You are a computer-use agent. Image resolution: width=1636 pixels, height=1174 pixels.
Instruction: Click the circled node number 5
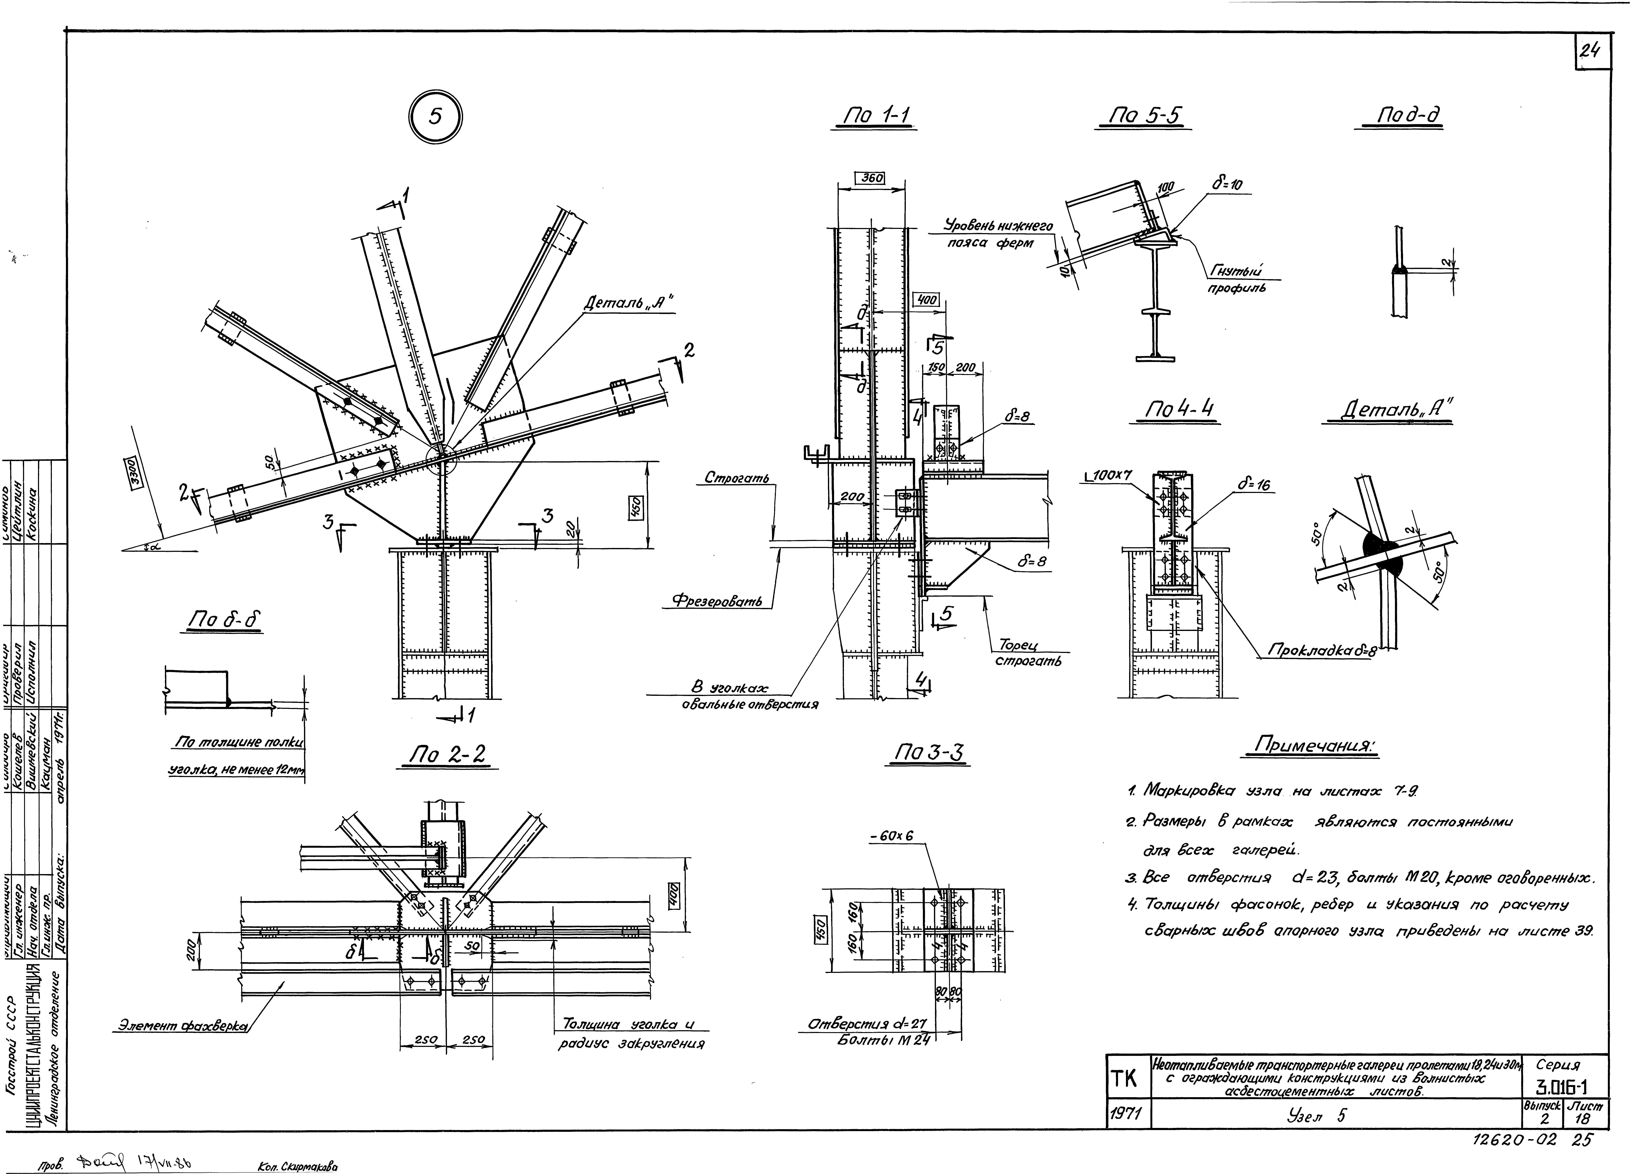(x=435, y=118)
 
